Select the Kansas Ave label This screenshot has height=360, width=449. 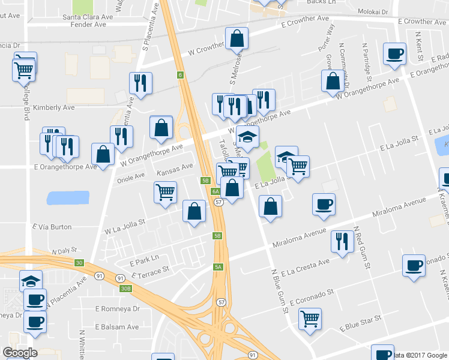[175, 166]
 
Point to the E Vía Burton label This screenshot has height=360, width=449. [52, 227]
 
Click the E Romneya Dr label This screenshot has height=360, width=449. [117, 308]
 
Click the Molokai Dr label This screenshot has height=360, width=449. [375, 11]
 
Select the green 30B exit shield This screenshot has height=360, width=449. [125, 289]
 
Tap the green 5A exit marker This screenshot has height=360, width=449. [218, 266]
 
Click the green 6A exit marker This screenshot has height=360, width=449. [216, 191]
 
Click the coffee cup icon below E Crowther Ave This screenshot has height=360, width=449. [395, 53]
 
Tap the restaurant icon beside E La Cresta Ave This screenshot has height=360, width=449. [342, 241]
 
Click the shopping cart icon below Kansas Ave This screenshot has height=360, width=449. [166, 192]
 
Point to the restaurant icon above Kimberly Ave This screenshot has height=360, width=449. [140, 83]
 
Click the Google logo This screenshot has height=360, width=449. [20, 353]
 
